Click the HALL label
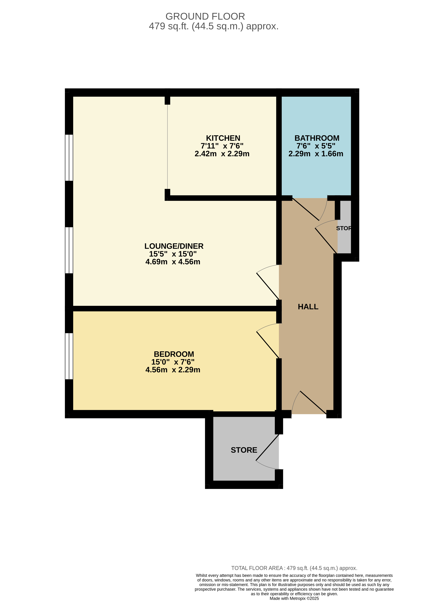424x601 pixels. [308, 307]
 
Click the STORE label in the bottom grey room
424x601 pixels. [244, 450]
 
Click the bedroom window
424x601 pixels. [69, 356]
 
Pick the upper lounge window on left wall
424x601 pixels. [69, 158]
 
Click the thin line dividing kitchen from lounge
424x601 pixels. [167, 147]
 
